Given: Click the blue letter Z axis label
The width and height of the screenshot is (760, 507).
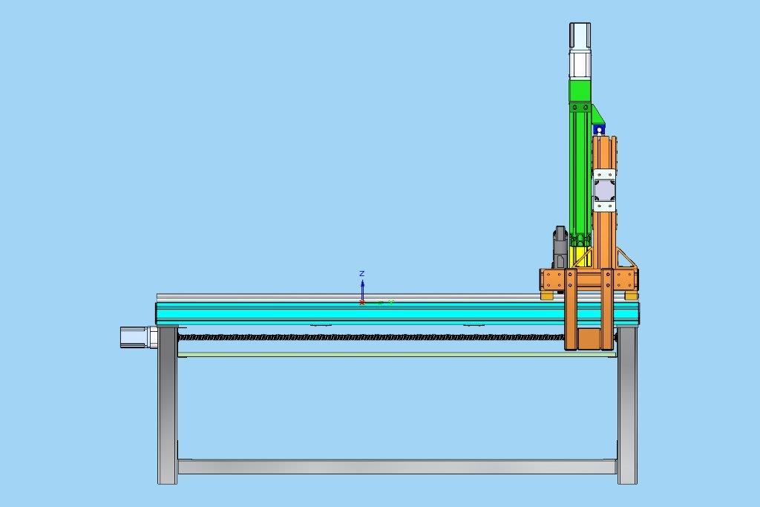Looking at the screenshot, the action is click(361, 274).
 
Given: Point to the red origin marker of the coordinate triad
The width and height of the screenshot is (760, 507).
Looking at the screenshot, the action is click(361, 302).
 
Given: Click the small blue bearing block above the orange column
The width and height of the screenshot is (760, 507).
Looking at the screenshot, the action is click(599, 129).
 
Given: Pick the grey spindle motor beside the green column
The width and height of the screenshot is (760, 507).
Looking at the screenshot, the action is click(560, 247).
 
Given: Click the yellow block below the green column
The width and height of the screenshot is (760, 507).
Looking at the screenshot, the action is click(580, 256).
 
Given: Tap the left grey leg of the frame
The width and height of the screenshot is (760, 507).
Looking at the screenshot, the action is click(168, 405).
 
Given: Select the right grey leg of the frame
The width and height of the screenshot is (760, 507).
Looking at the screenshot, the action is click(627, 405).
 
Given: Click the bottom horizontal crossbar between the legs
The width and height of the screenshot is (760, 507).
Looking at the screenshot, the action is click(398, 466).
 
